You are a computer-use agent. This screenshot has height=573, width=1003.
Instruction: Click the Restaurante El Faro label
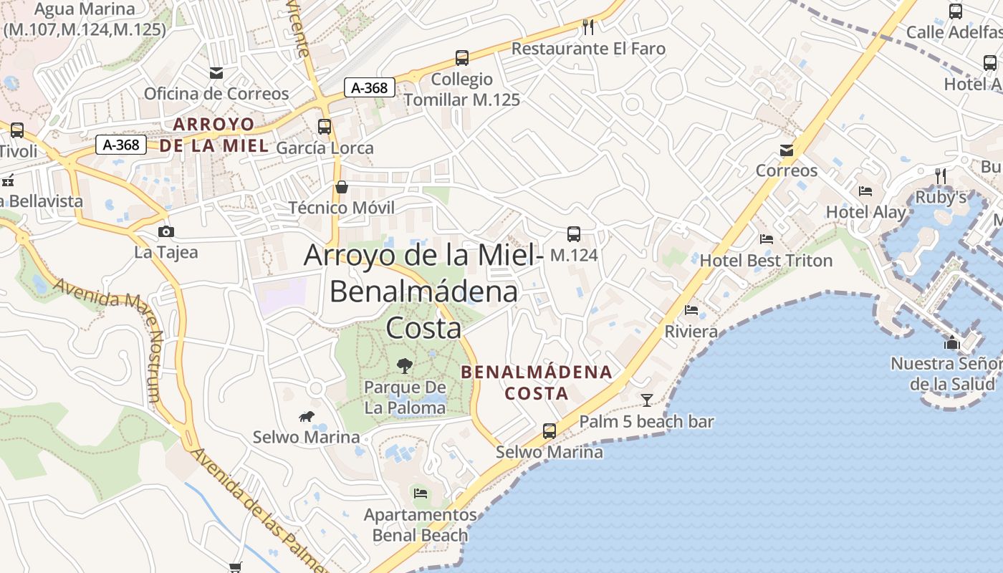pos(588,49)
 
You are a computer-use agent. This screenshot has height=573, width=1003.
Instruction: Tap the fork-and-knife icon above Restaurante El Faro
pos(588,27)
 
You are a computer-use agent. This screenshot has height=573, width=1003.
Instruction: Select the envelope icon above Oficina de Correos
pos(216,72)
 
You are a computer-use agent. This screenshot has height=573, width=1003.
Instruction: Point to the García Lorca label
pos(325,148)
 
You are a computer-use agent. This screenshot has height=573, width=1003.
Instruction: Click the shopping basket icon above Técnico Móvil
pos(342,187)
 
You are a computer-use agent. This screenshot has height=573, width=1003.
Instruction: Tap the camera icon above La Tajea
pos(166,231)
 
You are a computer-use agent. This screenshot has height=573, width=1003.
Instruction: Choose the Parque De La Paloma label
pos(405,398)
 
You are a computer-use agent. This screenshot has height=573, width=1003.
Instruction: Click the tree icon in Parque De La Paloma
pos(405,366)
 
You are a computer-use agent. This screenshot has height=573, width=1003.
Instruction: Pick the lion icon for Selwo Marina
pos(306,416)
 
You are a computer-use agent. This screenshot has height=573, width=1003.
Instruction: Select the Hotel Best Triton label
pos(766,260)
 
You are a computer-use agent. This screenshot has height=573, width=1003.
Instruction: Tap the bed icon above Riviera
pos(691,310)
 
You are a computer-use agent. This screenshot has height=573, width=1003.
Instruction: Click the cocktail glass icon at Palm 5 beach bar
pos(647,400)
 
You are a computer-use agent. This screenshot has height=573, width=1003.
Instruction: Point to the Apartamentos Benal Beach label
pos(420,525)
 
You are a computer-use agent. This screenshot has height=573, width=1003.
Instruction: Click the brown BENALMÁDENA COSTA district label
pos(537,382)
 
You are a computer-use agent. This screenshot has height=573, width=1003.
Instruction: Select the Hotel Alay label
pos(865,212)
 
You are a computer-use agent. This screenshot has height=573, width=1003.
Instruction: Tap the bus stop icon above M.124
pos(574,233)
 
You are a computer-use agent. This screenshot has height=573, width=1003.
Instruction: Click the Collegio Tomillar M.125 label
pos(461,90)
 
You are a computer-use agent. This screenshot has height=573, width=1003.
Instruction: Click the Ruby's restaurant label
pos(941,197)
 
